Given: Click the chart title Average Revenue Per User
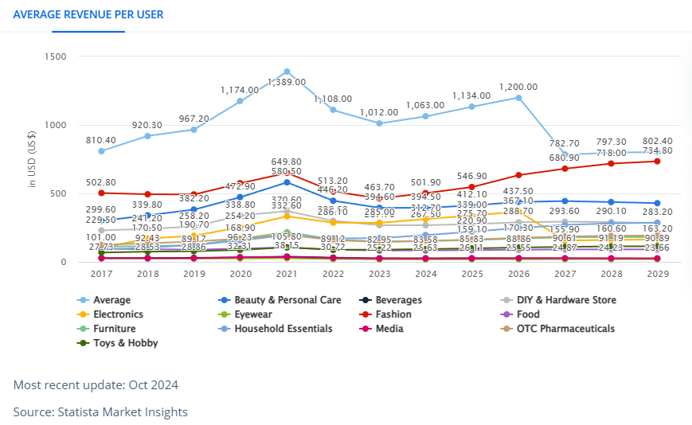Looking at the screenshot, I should tap(88, 14).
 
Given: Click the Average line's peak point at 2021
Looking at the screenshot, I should tap(287, 72).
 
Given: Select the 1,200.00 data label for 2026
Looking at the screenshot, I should tap(518, 87).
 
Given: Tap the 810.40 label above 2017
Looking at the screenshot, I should tap(101, 140).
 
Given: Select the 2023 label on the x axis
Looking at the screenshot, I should tap(380, 275).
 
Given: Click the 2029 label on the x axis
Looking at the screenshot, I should tap(657, 275).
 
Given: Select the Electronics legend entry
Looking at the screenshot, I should tap(117, 314).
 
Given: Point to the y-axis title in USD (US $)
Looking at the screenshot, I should tap(33, 159).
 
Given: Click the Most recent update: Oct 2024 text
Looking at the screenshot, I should tap(96, 385).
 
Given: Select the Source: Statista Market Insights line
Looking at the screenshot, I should tap(100, 411).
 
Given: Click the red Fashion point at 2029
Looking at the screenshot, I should tap(657, 161).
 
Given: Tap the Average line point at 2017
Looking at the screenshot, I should tap(101, 151).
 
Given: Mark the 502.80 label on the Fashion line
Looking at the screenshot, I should tap(101, 182).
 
